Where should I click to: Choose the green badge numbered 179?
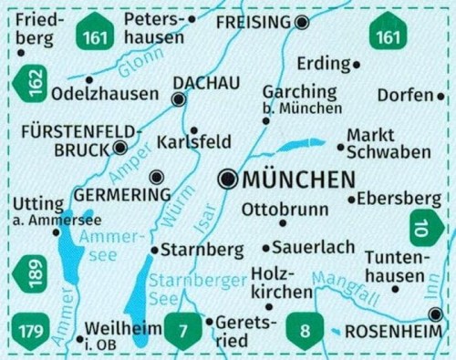(31, 327)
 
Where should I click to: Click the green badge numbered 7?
(182, 329)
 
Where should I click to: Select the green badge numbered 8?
(301, 329)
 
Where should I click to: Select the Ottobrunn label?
(285, 209)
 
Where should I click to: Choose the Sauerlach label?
(301, 247)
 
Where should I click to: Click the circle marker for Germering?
(157, 177)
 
